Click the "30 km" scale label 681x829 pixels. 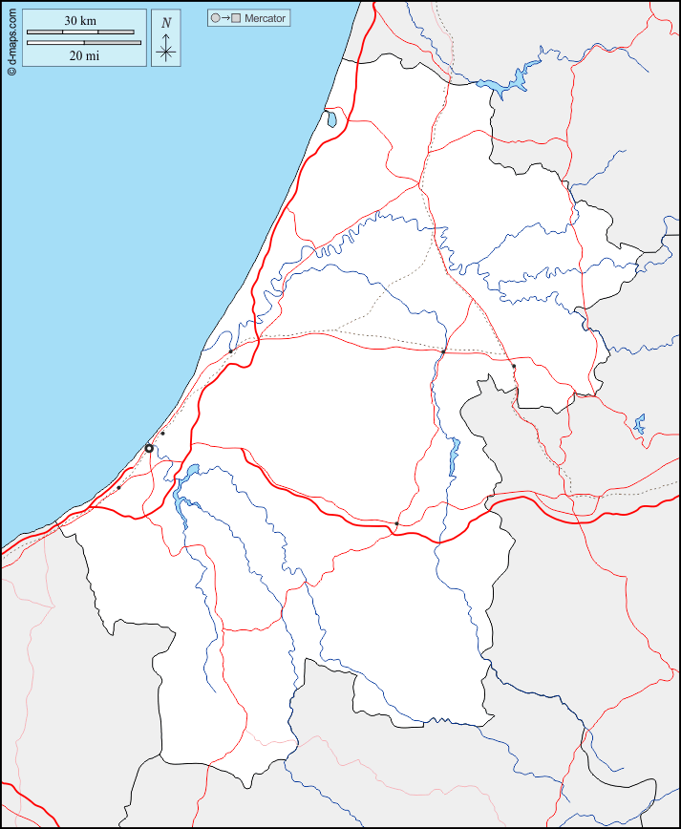pos(80,20)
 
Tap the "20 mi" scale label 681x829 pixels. pos(84,55)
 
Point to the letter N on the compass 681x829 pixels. pos(166,23)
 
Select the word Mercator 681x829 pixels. pos(266,18)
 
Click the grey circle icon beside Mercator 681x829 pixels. pos(216,18)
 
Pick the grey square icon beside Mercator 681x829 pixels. pos(236,18)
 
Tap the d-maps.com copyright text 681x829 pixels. pos(11,38)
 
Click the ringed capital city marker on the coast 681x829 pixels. pos(149,448)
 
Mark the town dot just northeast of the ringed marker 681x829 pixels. pos(162,434)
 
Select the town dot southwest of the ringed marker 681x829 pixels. pos(118,488)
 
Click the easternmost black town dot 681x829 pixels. pos(514,366)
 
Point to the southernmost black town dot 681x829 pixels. pos(396,523)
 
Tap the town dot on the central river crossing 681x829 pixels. pos(443,351)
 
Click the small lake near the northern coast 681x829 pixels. pos(330,119)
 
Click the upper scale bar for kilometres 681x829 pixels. pos(80,32)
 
